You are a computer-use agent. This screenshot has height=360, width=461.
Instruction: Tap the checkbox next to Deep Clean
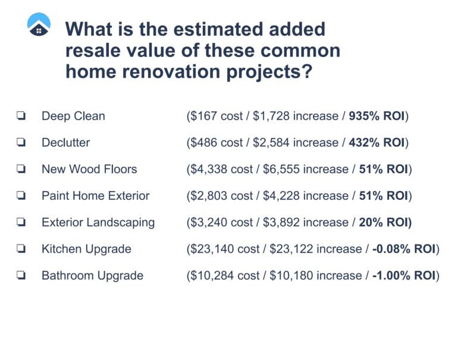pos(21,116)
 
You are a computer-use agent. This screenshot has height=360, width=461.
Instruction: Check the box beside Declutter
pos(21,143)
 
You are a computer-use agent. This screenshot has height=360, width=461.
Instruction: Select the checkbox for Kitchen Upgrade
pos(21,249)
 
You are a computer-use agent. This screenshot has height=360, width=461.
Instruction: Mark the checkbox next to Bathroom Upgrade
pos(21,276)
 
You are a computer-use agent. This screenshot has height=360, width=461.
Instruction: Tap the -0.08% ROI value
pos(404,249)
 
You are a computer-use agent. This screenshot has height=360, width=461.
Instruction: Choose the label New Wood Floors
pos(89,170)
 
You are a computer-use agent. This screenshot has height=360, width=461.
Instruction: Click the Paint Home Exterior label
pos(96,196)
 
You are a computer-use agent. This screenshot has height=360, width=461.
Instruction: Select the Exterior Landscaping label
pos(98,223)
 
